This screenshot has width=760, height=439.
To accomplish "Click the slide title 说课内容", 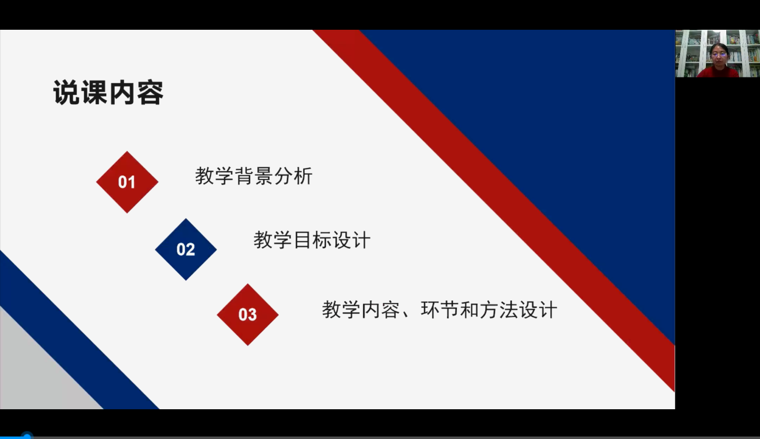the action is [109, 92].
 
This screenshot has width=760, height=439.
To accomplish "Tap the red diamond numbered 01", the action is [127, 182].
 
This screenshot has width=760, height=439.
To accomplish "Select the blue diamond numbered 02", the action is [186, 250].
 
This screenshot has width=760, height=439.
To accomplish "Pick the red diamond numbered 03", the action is [248, 314].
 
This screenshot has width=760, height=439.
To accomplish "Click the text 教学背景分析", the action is [254, 176].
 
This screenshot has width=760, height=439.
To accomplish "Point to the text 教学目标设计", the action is [312, 240].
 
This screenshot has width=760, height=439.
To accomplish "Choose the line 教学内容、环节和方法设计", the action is [440, 310].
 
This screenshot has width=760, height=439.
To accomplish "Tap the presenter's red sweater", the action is [718, 72].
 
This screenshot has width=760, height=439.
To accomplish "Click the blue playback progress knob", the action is [27, 436].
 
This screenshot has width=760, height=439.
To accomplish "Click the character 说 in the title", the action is [67, 92].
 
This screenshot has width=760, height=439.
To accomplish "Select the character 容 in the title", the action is [151, 92].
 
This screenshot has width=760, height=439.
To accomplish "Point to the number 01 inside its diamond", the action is [127, 182].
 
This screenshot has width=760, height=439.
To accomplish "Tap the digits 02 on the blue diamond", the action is [186, 250].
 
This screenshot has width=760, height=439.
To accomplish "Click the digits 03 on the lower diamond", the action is [248, 314].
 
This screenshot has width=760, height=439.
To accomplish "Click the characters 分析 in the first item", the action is [293, 176].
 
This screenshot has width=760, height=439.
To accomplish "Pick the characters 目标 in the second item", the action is [312, 240].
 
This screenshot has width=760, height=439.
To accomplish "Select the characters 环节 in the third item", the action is [440, 310].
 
